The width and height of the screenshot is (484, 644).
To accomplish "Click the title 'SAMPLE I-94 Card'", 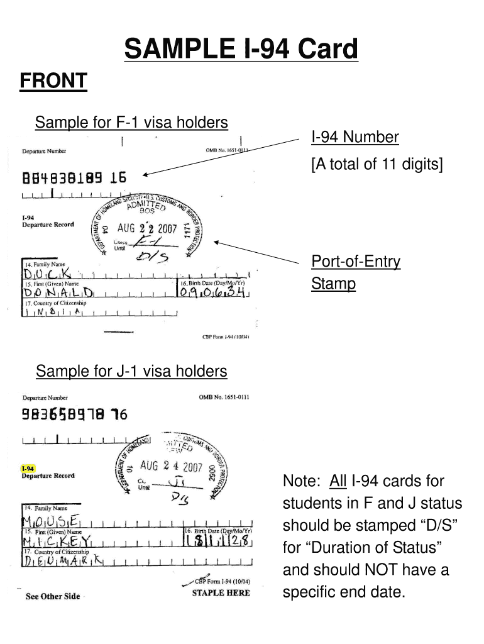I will [x=241, y=49].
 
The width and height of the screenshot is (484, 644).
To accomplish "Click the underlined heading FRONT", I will [x=53, y=81].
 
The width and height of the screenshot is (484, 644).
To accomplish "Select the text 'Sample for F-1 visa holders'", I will [x=131, y=122].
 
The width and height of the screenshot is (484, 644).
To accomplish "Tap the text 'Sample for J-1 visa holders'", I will [x=131, y=372].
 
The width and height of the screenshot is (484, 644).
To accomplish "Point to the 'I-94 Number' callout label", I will [x=355, y=138].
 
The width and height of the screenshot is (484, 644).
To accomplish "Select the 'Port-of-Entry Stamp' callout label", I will [x=356, y=273].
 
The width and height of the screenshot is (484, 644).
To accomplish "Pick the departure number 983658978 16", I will [x=75, y=414].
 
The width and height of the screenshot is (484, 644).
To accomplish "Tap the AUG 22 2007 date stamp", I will [x=146, y=229].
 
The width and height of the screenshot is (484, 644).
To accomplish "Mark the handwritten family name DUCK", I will [x=49, y=274].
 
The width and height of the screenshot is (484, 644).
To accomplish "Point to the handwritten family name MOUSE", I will [x=51, y=520].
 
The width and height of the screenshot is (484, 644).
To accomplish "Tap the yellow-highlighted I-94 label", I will [x=28, y=469].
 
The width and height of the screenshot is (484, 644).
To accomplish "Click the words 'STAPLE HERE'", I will [x=221, y=592].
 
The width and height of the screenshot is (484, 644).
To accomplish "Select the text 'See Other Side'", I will [x=53, y=596].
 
